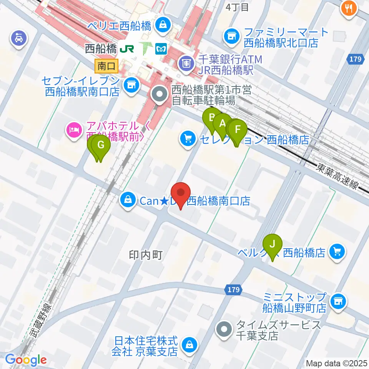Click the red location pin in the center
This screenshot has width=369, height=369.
pyautogui.click(x=180, y=194)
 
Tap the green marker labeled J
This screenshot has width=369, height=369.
pyautogui.click(x=273, y=244)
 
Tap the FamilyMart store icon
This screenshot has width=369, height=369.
pyautogui.click(x=231, y=37)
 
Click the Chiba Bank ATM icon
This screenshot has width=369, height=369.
pyautogui.click(x=186, y=61)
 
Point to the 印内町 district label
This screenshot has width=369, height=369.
pyautogui.click(x=146, y=255)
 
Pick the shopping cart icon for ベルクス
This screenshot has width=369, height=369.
pyautogui.click(x=337, y=252)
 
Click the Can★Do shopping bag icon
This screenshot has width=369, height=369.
pyautogui.click(x=126, y=199)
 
